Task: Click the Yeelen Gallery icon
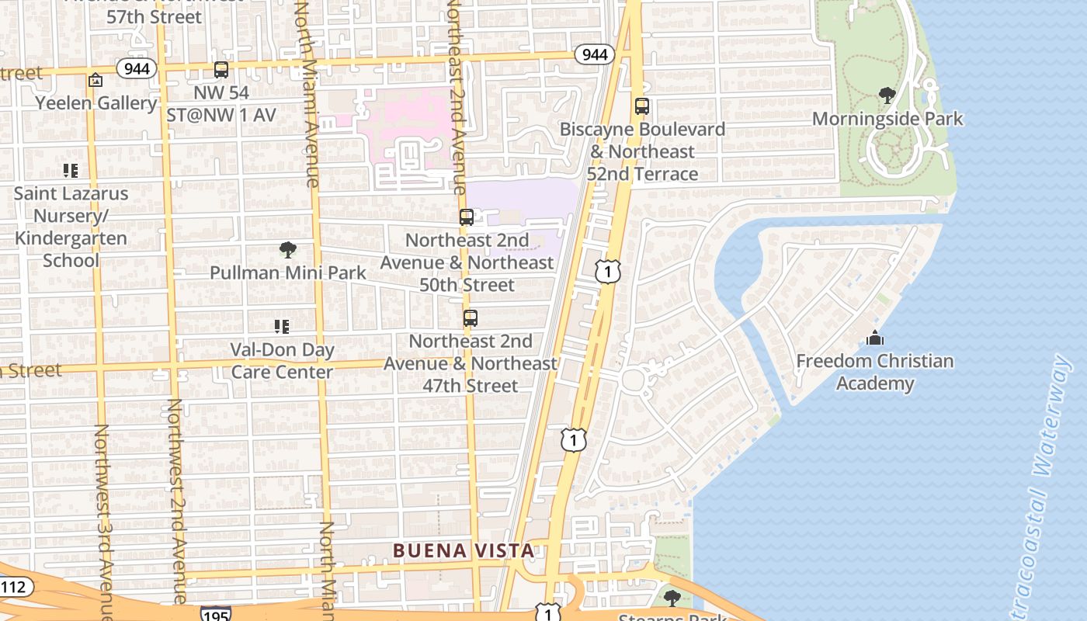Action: (96, 80)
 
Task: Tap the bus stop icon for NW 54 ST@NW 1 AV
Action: (221, 70)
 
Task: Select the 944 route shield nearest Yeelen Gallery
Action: (137, 69)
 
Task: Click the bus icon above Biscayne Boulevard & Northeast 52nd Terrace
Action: (641, 106)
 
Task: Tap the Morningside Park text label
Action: (887, 119)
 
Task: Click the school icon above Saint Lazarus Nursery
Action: (71, 171)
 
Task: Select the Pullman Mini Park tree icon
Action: (288, 250)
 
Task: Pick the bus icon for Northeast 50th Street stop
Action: (466, 217)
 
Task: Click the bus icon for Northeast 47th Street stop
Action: (470, 318)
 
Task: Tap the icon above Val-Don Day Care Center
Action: (282, 327)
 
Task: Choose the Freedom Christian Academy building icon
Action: (875, 338)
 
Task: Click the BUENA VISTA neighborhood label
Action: (464, 551)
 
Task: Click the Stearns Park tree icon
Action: (672, 598)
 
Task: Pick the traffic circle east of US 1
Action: (633, 380)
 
